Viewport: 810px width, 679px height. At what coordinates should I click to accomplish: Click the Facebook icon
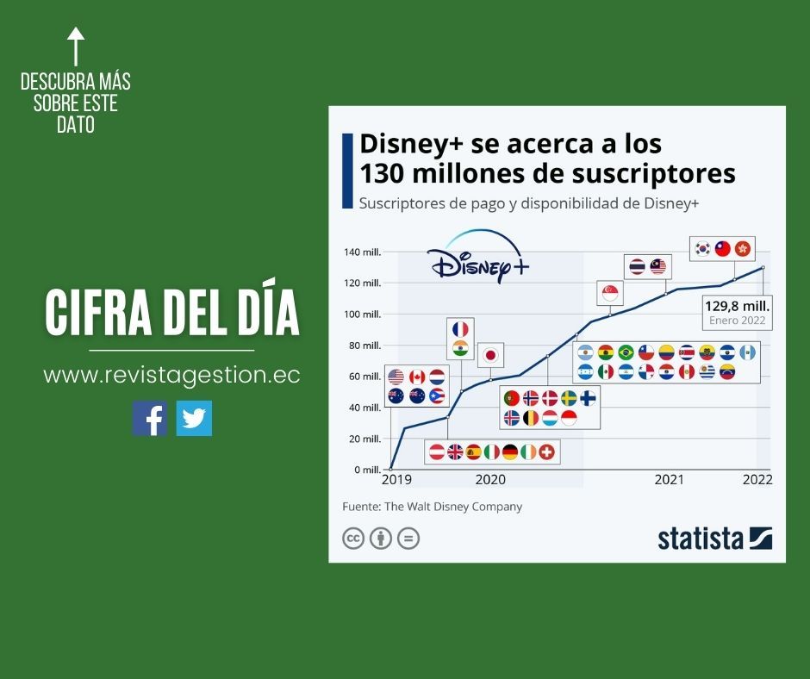[150, 418]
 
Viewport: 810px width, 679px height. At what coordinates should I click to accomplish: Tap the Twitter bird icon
[194, 418]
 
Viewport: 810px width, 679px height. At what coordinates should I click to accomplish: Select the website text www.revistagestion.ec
[171, 377]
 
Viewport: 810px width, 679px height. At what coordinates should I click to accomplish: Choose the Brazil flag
[626, 352]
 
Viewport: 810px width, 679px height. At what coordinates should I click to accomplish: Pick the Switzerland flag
[546, 452]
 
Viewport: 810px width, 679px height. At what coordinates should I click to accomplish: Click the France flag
[461, 329]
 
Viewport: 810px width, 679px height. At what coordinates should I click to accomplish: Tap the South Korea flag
[704, 248]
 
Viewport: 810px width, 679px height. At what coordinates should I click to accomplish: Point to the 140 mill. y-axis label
[362, 252]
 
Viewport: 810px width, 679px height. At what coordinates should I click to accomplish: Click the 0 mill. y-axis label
[366, 470]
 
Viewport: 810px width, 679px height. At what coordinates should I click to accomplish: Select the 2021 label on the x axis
[669, 480]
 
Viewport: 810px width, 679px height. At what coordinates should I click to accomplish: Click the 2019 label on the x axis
[397, 480]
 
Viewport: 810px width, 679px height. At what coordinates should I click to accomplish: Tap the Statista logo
[714, 539]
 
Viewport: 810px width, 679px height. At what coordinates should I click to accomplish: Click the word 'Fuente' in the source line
[359, 507]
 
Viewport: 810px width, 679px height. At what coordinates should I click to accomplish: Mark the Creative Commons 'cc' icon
[353, 539]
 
